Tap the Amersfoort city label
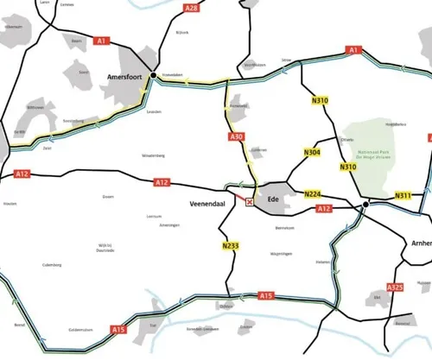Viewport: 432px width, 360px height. click(x=124, y=77)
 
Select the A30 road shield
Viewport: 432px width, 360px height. click(x=238, y=137)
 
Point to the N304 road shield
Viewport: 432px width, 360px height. click(x=312, y=153)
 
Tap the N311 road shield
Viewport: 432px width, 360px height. click(x=403, y=196)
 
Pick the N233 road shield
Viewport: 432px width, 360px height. click(x=230, y=246)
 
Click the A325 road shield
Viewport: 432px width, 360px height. click(x=395, y=287)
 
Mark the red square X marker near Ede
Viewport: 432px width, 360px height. click(x=251, y=202)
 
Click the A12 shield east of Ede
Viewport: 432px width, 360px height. click(x=324, y=209)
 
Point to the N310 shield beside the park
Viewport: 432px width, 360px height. click(x=348, y=167)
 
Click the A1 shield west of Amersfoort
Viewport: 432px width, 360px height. click(x=102, y=41)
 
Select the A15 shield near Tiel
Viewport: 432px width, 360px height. click(x=119, y=328)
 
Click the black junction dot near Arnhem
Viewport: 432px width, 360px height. click(x=366, y=205)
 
